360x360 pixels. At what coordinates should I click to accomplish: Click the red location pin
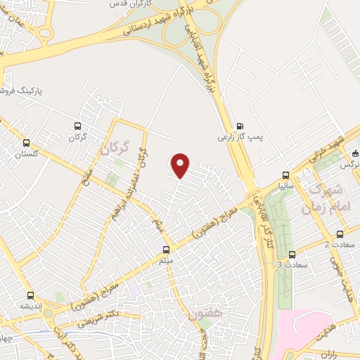181,165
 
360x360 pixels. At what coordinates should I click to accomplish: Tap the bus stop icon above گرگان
78,127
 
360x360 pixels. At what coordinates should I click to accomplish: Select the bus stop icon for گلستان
27,142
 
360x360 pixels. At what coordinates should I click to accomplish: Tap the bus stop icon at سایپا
285,174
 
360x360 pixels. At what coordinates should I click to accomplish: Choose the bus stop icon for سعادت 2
340,234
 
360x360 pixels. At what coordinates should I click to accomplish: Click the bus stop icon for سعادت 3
292,254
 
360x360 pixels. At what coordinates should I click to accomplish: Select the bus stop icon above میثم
167,249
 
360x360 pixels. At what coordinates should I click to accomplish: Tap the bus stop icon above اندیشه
30,295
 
